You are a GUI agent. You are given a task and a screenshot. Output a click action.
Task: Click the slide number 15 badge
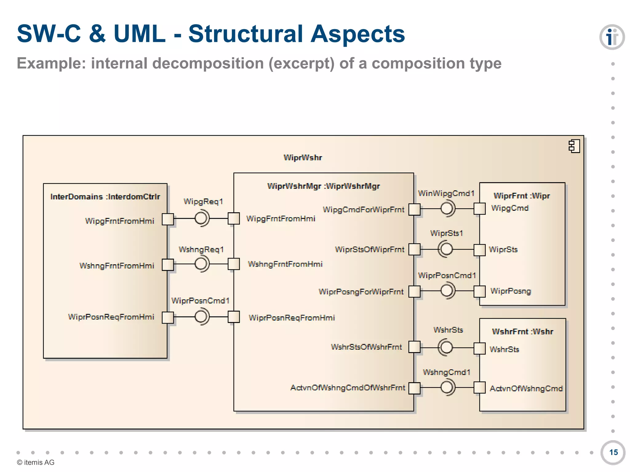(613, 452)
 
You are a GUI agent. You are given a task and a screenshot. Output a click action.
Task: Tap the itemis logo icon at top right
(612, 37)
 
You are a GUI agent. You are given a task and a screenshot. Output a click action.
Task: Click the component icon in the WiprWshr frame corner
(574, 146)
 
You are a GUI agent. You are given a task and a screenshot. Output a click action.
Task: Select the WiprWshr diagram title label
(303, 158)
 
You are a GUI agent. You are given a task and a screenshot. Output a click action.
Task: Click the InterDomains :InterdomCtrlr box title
(105, 197)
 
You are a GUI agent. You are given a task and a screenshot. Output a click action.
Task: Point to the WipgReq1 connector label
(203, 202)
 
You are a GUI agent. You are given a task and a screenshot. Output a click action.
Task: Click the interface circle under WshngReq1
(201, 264)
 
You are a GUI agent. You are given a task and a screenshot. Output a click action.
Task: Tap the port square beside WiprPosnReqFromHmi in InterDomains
(168, 317)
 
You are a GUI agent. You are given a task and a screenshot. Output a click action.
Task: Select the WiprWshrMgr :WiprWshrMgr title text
(323, 186)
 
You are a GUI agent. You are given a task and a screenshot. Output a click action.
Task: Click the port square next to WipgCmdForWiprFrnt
(414, 209)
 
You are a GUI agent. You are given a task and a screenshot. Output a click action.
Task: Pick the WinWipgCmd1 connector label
(446, 193)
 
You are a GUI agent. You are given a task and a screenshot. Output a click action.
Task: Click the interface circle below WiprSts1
(446, 249)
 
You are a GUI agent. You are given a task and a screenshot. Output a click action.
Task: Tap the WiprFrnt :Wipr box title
(522, 196)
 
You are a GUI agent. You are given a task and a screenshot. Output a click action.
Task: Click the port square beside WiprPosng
(479, 291)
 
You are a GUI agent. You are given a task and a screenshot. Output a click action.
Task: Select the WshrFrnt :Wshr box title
(522, 332)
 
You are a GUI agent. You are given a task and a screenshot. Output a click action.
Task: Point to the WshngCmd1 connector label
(446, 372)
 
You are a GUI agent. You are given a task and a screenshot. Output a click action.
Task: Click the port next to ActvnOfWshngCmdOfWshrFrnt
(414, 388)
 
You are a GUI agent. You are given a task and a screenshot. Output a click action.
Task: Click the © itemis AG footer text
(36, 462)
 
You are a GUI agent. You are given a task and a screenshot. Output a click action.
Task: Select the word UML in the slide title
(139, 34)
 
